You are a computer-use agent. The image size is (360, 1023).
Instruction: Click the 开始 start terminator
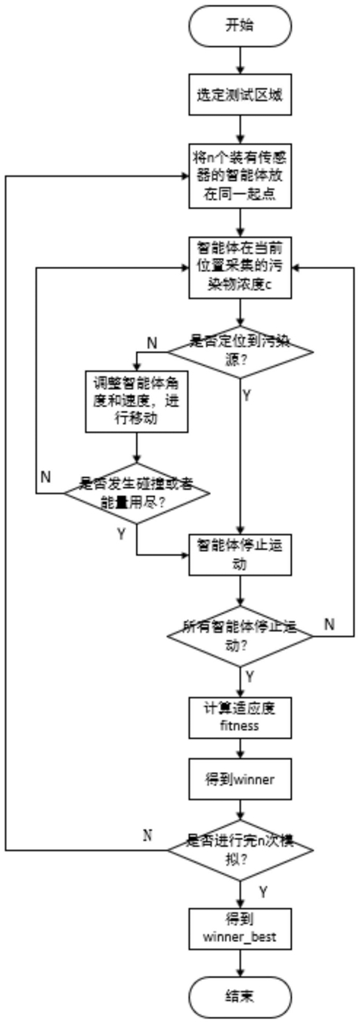coord(240,26)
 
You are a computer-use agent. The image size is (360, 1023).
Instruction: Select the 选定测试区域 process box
coord(241,95)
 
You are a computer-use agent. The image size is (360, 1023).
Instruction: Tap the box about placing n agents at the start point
coord(241,176)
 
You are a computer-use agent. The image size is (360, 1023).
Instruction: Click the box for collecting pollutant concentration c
coord(241,268)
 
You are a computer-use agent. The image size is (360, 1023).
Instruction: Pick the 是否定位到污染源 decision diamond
coord(241,352)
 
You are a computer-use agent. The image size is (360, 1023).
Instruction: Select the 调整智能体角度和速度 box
coord(137,401)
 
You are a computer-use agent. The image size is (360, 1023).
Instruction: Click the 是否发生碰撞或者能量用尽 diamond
coord(137,493)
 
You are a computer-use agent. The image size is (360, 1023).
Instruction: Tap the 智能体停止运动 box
coord(241,555)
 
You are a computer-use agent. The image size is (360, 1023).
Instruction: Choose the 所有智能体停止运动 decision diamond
coord(241,636)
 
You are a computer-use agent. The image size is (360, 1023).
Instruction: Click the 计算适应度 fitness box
coord(241,718)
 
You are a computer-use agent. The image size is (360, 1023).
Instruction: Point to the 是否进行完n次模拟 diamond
coord(241,851)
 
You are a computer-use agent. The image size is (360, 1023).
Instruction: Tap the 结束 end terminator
coord(240,997)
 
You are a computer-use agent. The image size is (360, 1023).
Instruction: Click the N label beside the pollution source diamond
coord(152,343)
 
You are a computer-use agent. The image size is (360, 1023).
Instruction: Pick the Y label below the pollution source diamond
coord(247,395)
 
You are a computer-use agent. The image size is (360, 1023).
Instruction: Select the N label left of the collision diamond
coord(45,477)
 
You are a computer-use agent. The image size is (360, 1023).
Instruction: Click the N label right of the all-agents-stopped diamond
coord(330,624)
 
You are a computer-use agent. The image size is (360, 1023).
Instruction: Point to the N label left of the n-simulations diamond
coord(147,835)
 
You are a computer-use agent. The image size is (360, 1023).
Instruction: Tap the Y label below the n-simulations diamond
coord(263,891)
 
